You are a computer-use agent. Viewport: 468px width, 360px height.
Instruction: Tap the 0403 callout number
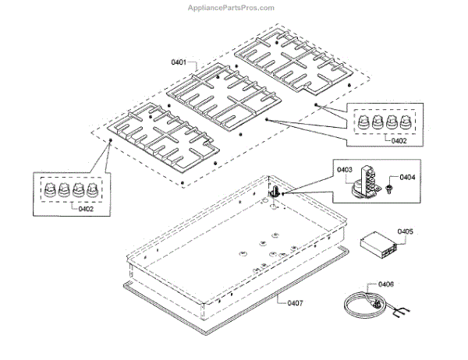coord(345,169)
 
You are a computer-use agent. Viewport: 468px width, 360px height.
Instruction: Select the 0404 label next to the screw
coord(406,178)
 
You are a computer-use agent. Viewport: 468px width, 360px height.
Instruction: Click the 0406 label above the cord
coord(387,284)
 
